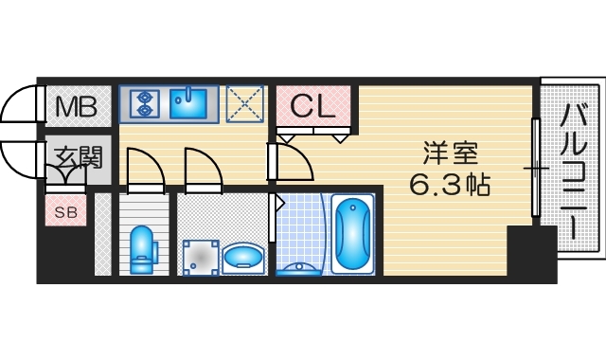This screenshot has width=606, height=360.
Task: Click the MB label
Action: pos(75,107)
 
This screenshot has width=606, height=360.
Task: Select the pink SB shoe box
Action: pos(65,209)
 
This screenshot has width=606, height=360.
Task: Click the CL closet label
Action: pos(313,106)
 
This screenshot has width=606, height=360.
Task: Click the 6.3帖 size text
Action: pos(449,184)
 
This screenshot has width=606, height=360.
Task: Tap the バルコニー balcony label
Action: pos(571,171)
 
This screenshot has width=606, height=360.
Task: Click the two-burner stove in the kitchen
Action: pos(145,102)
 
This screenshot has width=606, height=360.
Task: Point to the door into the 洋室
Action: pos(292,162)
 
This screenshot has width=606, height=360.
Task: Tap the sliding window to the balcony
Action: pos(536,168)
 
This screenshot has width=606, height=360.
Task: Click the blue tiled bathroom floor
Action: pos(301,232)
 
